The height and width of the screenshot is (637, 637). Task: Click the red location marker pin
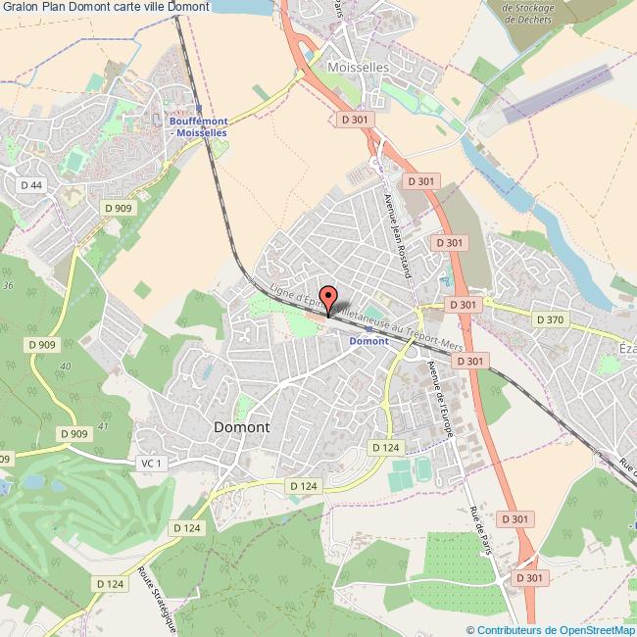(328, 297)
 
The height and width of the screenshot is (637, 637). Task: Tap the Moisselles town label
(359, 68)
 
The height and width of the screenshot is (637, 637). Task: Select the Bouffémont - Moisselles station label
(199, 126)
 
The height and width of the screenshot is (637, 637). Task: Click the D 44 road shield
(31, 184)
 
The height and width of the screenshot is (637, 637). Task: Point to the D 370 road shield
(550, 319)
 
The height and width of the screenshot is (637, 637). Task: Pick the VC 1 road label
(150, 463)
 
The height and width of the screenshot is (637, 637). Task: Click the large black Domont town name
(242, 427)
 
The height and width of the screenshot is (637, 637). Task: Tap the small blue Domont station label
(369, 340)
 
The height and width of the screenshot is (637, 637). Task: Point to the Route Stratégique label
(157, 599)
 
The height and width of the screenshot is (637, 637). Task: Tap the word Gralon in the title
(18, 6)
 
